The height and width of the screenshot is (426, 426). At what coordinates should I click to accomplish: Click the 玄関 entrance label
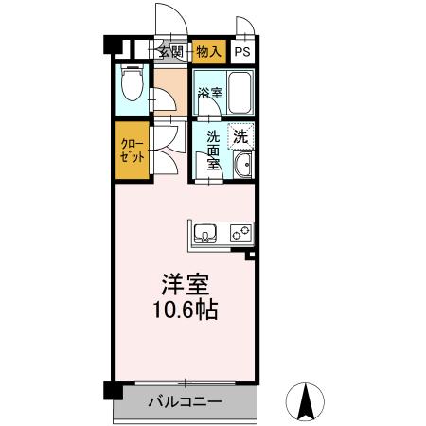170,52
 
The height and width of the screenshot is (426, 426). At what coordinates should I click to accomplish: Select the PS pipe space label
243,53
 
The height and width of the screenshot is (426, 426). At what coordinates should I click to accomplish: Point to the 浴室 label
210,94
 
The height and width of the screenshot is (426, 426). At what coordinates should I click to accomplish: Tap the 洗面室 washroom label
215,150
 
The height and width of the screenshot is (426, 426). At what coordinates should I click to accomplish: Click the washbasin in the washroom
243,169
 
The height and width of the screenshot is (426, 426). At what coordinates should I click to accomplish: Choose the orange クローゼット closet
132,151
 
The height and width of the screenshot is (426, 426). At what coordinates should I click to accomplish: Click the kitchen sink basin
206,232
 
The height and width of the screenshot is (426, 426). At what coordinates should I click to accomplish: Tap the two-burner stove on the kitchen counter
240,232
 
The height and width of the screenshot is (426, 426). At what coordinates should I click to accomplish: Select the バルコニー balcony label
186,402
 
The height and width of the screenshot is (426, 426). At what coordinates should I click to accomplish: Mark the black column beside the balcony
113,390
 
